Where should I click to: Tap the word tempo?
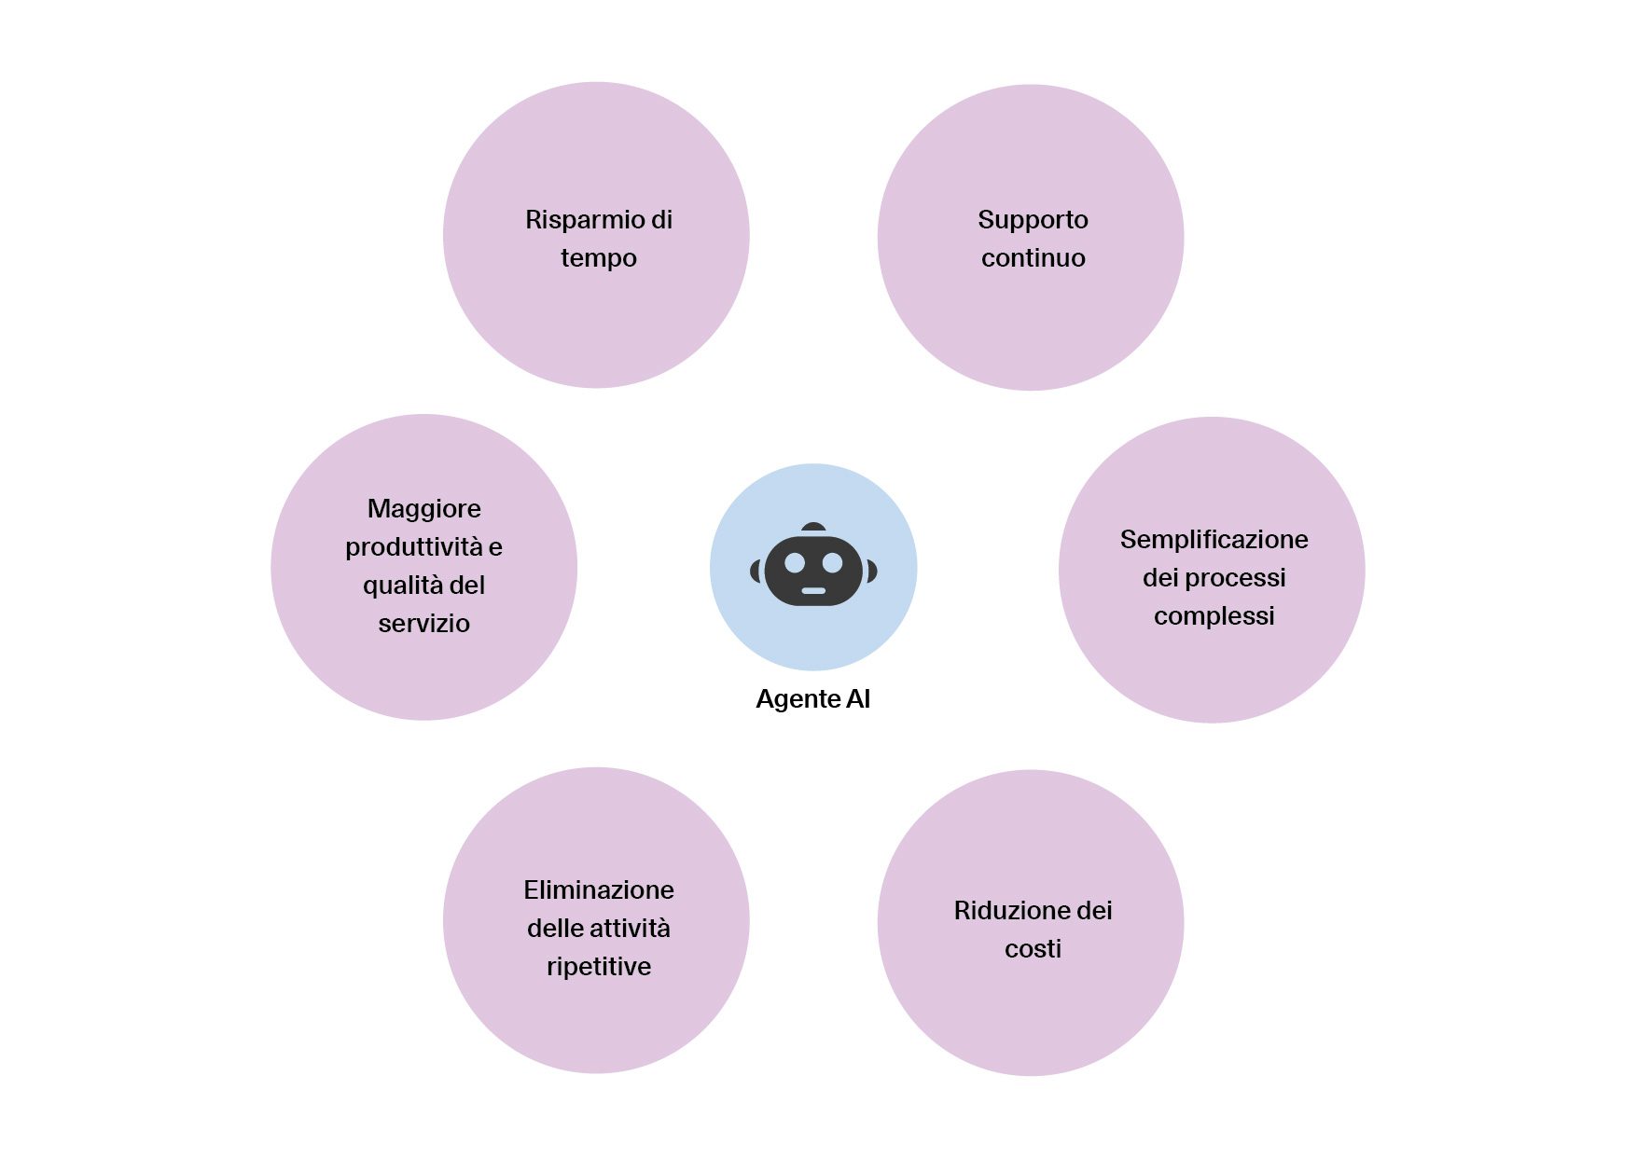(598, 258)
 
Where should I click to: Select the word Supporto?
(1033, 220)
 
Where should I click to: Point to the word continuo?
(1033, 258)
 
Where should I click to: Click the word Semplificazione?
(1214, 540)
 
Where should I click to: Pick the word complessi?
(1214, 616)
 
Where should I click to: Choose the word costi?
(1033, 949)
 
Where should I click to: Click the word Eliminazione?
(598, 890)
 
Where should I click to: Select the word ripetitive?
(598, 967)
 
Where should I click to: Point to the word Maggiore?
(423, 509)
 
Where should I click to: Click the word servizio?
(423, 624)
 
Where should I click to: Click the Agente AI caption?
(812, 699)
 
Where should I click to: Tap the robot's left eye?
(795, 562)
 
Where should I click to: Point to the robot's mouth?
(813, 591)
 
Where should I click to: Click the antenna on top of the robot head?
(813, 528)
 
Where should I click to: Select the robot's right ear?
(871, 570)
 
